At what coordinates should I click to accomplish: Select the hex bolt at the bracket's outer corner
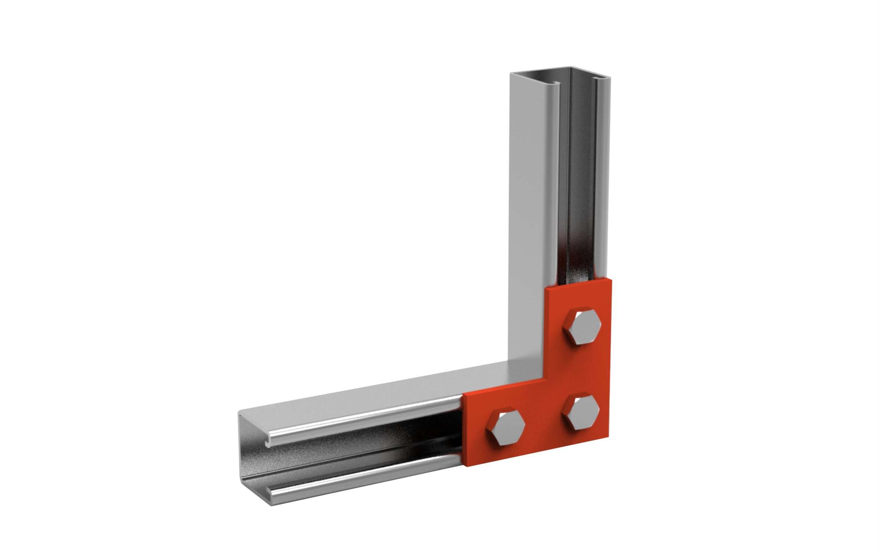[581, 413]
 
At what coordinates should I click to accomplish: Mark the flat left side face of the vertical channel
[527, 220]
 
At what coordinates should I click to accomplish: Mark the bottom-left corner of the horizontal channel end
[272, 506]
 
